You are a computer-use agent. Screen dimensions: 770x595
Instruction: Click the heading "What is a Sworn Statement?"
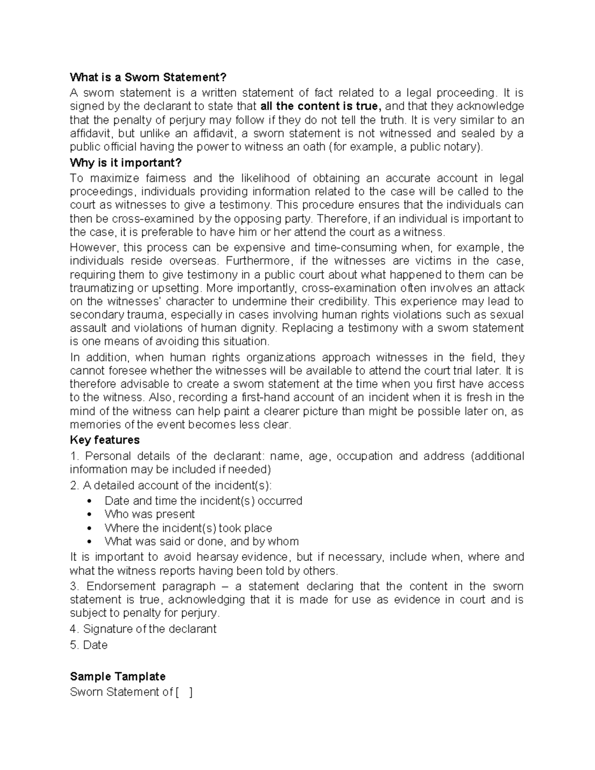click(x=148, y=77)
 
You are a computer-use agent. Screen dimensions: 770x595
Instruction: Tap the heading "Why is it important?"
click(x=126, y=163)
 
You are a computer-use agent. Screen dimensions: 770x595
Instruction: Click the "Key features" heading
click(x=105, y=440)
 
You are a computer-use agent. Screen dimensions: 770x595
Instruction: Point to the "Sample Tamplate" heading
click(x=118, y=676)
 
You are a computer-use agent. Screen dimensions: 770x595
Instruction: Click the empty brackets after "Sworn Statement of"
click(x=184, y=692)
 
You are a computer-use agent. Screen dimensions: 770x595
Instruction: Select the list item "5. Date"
click(x=89, y=645)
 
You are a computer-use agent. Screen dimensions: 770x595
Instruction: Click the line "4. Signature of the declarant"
click(x=143, y=629)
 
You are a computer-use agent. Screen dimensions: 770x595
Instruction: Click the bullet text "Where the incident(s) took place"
click(x=188, y=528)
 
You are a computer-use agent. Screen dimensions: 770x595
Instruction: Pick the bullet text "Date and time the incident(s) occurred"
click(x=203, y=501)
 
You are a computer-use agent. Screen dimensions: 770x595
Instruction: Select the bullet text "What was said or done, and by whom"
click(x=201, y=541)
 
